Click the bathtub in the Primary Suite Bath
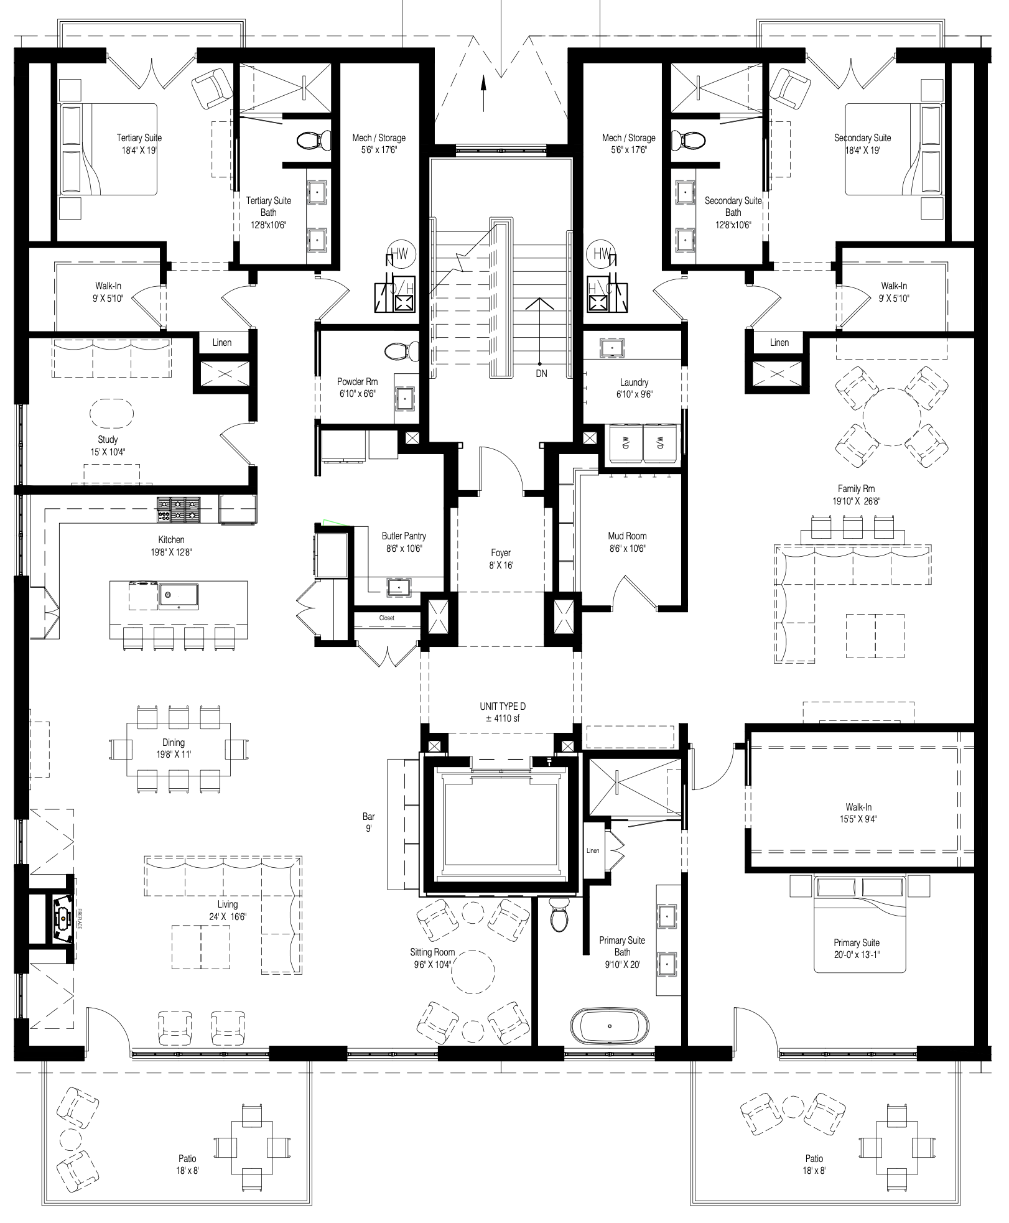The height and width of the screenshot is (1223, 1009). coord(609,1026)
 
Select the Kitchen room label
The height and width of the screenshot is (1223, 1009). coord(171,539)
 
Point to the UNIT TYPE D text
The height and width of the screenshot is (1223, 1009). coord(502,706)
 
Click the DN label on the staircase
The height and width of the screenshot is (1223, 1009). coord(541,373)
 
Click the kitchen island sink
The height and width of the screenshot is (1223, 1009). coord(178,596)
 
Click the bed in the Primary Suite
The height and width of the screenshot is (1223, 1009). coord(859,924)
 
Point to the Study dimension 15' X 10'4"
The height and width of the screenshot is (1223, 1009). coord(108,452)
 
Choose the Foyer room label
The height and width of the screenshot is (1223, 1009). coord(501,552)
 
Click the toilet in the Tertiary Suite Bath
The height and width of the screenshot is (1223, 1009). coord(314,141)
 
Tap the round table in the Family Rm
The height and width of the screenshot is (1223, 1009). coord(891,417)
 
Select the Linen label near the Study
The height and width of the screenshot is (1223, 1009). coord(222,342)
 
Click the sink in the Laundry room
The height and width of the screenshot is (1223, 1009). coord(612,348)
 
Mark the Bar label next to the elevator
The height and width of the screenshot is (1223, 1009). coord(369,816)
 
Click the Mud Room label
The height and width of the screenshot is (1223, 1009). coord(627,536)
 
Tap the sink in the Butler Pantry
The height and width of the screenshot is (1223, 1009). coord(398,586)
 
